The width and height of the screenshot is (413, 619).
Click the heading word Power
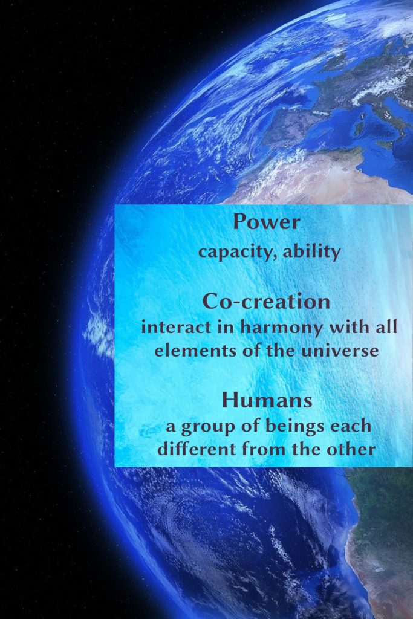tap(267, 222)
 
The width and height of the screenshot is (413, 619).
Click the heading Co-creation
tap(267, 302)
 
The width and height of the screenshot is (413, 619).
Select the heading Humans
tap(267, 400)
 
